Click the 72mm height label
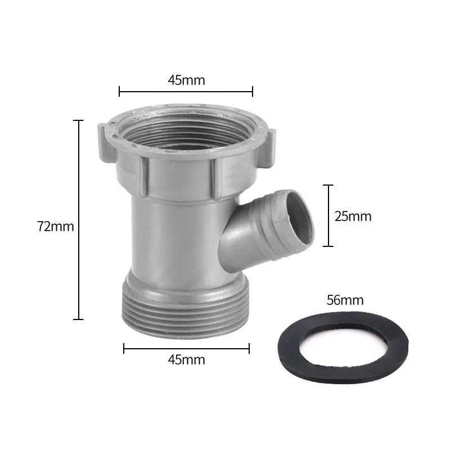[x=56, y=226]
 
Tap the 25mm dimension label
[x=353, y=216]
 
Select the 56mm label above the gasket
[x=345, y=300]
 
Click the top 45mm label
[x=186, y=80]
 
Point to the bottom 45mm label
[x=186, y=359]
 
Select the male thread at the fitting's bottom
[x=186, y=315]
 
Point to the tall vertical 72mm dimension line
[x=79, y=219]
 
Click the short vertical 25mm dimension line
[x=330, y=215]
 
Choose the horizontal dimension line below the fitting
[x=186, y=349]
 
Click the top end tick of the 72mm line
[x=79, y=120]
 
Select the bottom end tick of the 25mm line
[x=330, y=246]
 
